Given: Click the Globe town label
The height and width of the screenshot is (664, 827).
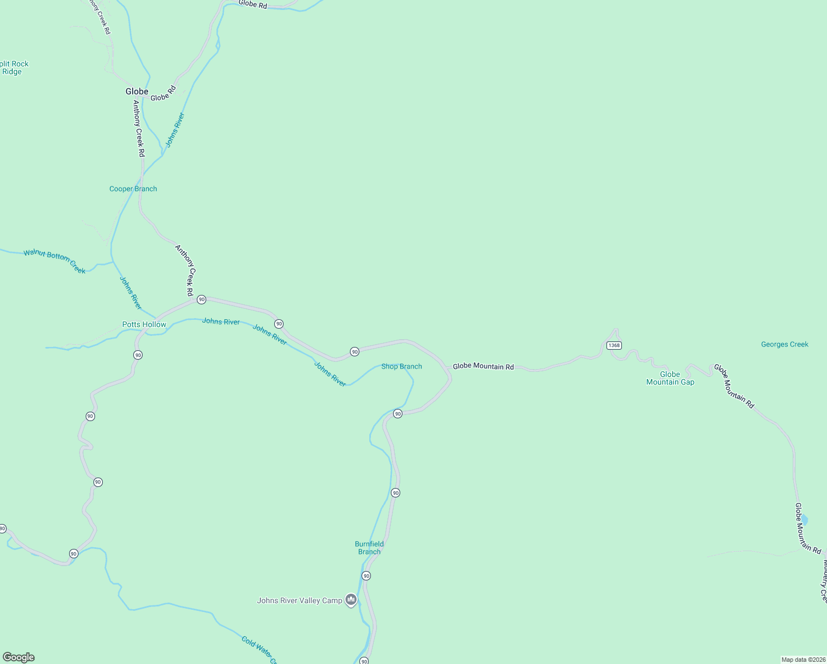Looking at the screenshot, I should point(137,91).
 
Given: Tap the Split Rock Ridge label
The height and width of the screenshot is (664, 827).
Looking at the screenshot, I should point(13,68).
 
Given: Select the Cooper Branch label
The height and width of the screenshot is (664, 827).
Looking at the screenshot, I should point(133,189).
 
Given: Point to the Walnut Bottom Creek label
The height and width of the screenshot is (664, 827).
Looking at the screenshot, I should point(54,261).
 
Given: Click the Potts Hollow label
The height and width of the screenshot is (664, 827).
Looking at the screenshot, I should point(144,324).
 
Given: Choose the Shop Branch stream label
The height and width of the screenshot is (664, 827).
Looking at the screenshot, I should point(401,366).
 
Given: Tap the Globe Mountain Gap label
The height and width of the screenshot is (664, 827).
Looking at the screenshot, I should point(670,378).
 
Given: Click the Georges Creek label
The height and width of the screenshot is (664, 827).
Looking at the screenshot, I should point(784,344).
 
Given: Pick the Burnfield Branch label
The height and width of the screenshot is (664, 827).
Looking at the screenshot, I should point(369,548).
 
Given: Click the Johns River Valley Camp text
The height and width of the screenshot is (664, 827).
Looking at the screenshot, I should point(300,600).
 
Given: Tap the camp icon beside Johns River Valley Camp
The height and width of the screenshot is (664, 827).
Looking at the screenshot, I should point(350,600).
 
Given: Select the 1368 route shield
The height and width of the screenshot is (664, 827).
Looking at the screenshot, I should point(614,345).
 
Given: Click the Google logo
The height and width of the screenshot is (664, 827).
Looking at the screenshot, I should point(19,657).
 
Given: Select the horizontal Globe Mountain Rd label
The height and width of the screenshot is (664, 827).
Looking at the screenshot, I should point(483,366).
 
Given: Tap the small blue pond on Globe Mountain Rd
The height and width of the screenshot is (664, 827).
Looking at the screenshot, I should point(804,520).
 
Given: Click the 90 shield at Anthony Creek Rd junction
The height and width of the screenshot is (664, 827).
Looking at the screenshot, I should point(201,299).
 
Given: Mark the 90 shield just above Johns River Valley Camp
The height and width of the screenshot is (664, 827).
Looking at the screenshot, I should point(366,576).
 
